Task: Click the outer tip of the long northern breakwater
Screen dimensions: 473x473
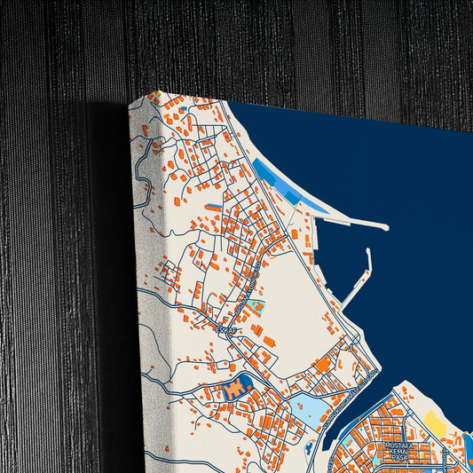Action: click(385, 228)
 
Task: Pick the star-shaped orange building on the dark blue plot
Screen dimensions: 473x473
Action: click(235, 388)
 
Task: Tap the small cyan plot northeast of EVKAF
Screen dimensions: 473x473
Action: click(256, 308)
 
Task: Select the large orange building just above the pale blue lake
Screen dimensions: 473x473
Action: click(324, 363)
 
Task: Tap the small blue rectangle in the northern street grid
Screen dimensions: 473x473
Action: click(214, 207)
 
